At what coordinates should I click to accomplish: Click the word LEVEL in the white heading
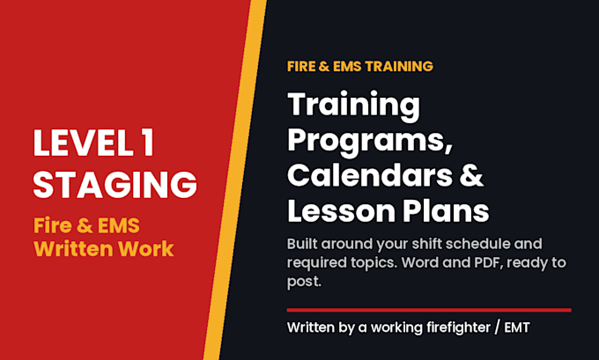click(x=84, y=143)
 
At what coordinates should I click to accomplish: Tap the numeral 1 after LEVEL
click(x=148, y=143)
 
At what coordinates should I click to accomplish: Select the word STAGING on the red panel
click(x=115, y=184)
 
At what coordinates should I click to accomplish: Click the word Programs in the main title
click(x=370, y=141)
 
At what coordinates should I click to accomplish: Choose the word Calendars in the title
click(x=370, y=175)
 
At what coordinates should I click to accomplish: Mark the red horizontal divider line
click(x=429, y=310)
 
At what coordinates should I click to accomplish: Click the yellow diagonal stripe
click(x=235, y=180)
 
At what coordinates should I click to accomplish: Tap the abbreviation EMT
click(x=517, y=327)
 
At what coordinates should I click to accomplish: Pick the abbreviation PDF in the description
click(x=490, y=262)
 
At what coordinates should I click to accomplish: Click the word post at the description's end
click(x=304, y=282)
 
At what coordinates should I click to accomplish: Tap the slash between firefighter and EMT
click(x=497, y=327)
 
